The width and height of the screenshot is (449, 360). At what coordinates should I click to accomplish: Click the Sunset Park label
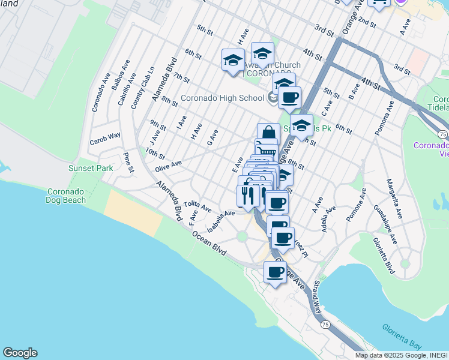click(x=91, y=169)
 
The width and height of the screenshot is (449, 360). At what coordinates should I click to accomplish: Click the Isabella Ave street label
click(x=220, y=221)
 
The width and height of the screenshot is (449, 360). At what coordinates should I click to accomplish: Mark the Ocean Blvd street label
click(x=209, y=242)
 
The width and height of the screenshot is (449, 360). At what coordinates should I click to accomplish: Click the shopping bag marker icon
click(x=268, y=134)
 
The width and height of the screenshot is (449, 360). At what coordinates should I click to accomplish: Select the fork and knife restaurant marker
click(x=247, y=194)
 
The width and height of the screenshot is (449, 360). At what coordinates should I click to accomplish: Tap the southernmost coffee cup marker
click(x=276, y=272)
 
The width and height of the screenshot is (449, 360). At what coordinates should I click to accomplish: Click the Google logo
click(x=20, y=353)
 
